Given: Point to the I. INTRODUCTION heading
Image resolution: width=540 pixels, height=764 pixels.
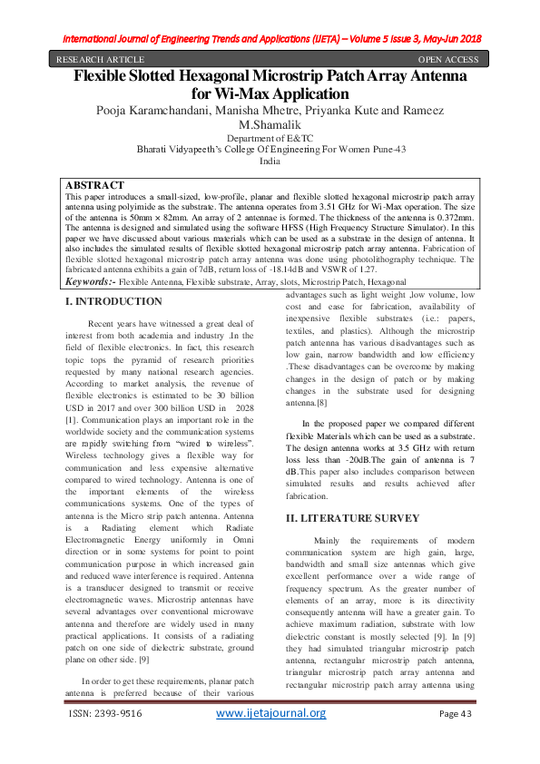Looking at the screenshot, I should coord(116,301).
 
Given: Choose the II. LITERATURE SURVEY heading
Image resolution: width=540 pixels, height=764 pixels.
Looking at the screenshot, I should coord(352,517).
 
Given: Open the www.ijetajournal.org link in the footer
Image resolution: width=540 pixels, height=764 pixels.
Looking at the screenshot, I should coord(270,739).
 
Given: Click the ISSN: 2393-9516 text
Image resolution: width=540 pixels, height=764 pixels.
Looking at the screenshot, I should coord(105,740).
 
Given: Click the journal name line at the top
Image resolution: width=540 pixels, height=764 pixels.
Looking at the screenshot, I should coord(270,38).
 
